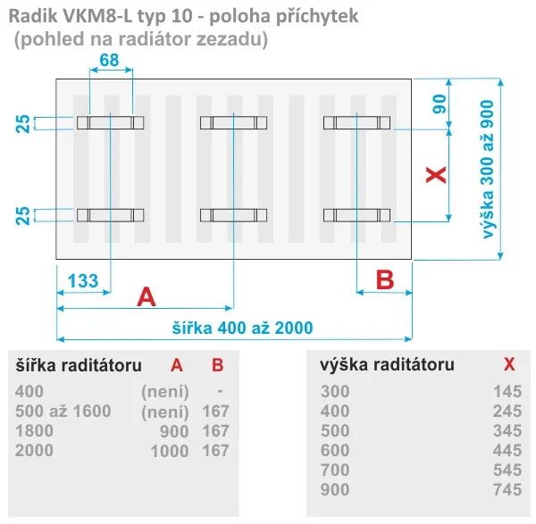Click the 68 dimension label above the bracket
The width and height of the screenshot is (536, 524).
[109, 60]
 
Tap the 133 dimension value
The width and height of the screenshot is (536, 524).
[83, 281]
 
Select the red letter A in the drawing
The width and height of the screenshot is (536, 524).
[147, 297]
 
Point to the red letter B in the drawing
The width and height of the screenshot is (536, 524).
[385, 279]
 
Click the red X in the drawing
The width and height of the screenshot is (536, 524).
[436, 175]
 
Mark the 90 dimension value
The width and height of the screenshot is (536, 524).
[440, 104]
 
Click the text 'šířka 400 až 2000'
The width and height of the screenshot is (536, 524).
[242, 328]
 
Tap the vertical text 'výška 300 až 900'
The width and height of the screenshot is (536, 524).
[488, 169]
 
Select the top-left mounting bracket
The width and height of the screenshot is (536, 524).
[111, 122]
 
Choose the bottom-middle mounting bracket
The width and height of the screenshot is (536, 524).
[233, 215]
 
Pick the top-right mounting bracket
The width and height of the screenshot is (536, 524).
[356, 122]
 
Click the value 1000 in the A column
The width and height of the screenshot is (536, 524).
[170, 451]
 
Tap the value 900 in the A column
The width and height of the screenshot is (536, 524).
[174, 431]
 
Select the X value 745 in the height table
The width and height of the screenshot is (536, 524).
[507, 489]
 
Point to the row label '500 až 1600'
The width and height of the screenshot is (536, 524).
[63, 411]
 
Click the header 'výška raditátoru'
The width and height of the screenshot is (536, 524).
[388, 364]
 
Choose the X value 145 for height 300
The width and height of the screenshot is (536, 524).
[507, 392]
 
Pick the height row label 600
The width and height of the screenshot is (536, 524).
[335, 450]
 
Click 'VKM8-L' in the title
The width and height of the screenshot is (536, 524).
[97, 16]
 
